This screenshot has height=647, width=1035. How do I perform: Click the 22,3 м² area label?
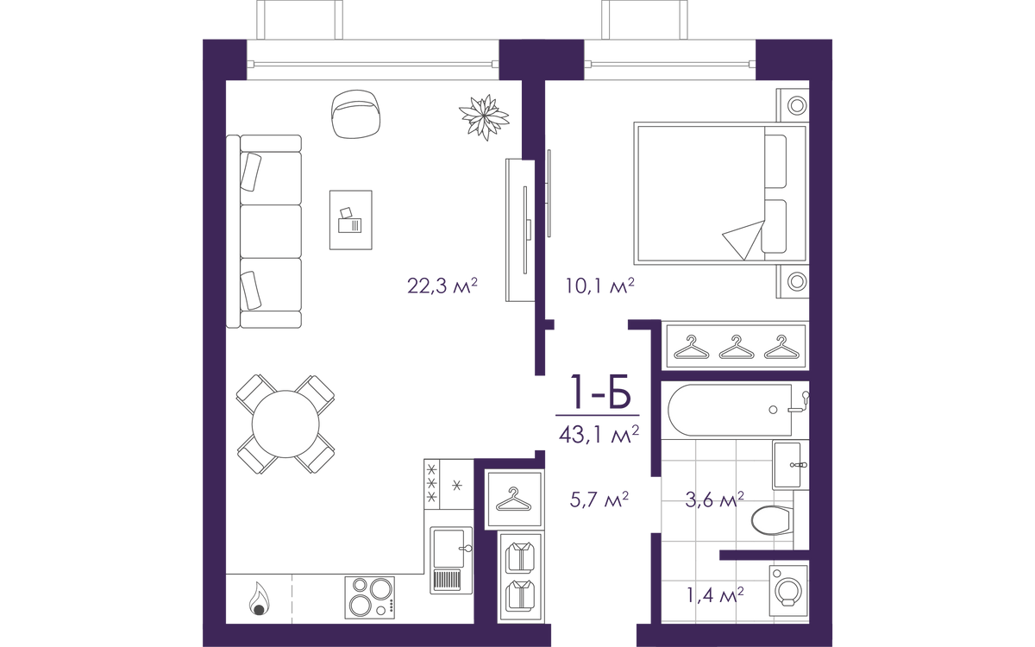(x=442, y=286)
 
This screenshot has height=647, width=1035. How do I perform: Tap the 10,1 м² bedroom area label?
(x=599, y=286)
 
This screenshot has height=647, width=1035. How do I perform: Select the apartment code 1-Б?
(x=600, y=392)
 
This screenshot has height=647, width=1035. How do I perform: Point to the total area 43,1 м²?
(x=599, y=435)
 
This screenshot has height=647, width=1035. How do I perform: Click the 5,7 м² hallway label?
(x=599, y=499)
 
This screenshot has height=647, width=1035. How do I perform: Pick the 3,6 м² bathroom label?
(x=714, y=499)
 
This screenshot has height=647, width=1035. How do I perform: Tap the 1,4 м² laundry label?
(x=715, y=594)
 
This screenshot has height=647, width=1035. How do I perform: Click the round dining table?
(x=285, y=424)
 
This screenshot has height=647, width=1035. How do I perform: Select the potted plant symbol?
(x=484, y=117)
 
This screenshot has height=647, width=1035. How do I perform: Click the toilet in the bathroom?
(x=772, y=520)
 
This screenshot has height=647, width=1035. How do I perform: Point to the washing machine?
(x=788, y=590)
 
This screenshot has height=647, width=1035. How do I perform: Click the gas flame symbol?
(x=260, y=599)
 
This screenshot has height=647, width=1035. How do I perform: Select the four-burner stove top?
(x=370, y=597)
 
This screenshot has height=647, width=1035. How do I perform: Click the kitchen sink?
(x=451, y=560)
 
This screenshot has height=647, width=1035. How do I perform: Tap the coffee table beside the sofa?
(x=351, y=220)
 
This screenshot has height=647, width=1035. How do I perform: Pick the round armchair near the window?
(x=355, y=114)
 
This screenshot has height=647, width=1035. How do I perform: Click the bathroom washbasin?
(x=787, y=465)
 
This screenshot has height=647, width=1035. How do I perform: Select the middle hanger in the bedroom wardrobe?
(x=737, y=347)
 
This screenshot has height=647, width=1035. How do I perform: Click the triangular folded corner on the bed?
(x=743, y=240)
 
